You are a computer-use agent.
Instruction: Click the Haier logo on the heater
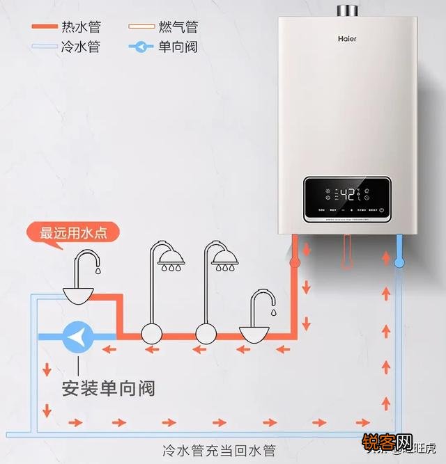click(347, 39)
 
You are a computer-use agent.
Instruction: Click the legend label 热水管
click(81, 27)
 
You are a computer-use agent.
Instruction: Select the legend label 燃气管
click(178, 27)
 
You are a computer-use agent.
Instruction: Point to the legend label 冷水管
click(81, 47)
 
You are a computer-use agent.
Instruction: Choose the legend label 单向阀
click(178, 47)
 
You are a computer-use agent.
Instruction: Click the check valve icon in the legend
click(141, 47)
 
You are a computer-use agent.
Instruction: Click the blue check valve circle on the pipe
click(78, 337)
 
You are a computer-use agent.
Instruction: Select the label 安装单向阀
click(108, 387)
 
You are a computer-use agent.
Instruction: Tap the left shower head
click(171, 263)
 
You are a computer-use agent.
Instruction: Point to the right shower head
click(224, 263)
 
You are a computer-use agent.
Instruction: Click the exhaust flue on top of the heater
click(347, 10)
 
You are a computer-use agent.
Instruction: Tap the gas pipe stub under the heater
click(346, 252)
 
